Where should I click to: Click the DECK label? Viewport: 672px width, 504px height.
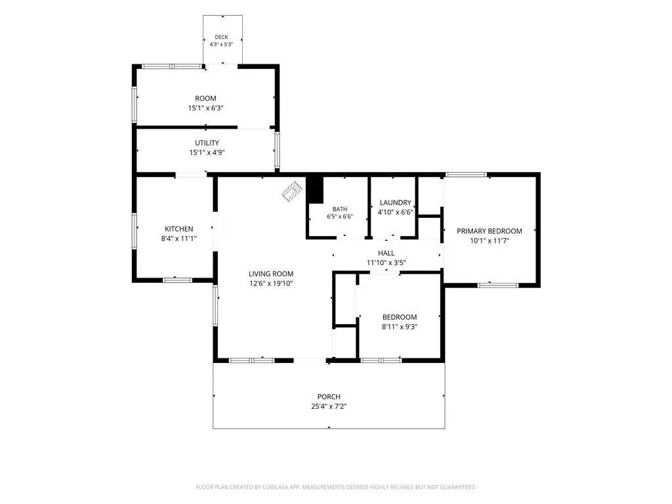pos(222,37)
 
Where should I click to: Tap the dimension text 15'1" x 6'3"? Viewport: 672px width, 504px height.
pos(205,108)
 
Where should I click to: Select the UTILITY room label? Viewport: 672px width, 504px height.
pos(207,142)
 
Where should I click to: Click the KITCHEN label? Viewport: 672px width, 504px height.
pos(179,229)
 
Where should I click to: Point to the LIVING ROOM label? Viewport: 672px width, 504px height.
pos(271,274)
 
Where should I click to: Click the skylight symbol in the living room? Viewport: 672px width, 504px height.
pos(292,191)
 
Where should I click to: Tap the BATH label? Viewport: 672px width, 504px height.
pos(340,209)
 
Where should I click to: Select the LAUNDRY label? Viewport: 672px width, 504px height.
pos(396,202)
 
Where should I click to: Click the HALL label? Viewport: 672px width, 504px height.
pos(386,253)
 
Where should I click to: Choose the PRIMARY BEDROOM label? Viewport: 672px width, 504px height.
pos(490,231)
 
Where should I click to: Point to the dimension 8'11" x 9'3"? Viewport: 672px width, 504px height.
pos(400,327)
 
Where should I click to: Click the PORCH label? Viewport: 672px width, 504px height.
pos(329,397)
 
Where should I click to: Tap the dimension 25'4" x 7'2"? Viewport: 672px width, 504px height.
pos(329,406)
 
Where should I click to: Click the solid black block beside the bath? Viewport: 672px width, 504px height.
pos(315,190)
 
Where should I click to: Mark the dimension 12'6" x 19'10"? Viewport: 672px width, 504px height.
pos(271,283)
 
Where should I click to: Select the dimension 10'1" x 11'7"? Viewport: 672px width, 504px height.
pos(490,241)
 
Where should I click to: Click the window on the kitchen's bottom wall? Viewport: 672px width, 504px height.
pos(177,280)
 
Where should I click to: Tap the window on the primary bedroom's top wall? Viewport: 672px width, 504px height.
pos(467,175)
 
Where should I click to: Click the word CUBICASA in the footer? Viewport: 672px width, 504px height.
pos(275,488)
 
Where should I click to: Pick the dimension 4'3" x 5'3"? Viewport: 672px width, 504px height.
pos(222,44)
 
